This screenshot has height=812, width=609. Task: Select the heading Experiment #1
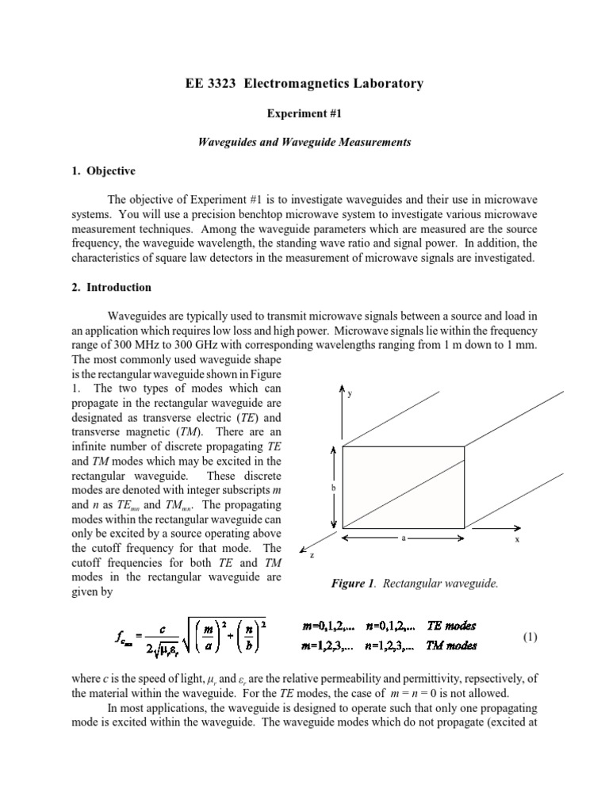[x=304, y=113]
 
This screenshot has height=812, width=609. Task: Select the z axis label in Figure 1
[x=312, y=556]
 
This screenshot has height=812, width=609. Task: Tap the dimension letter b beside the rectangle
[x=335, y=489]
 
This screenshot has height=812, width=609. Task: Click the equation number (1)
[x=531, y=637]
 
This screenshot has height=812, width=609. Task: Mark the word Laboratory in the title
[x=384, y=83]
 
